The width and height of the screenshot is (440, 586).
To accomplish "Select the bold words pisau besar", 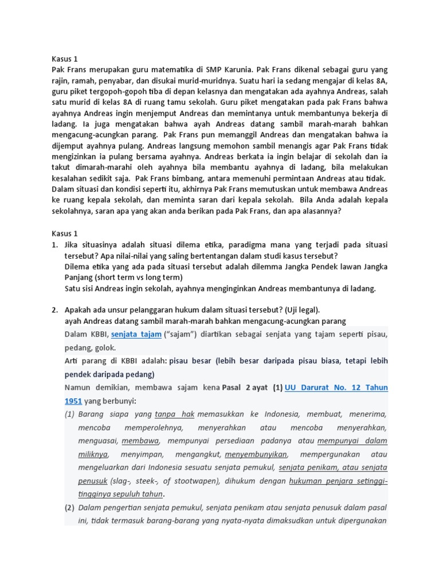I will tap(190, 361).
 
